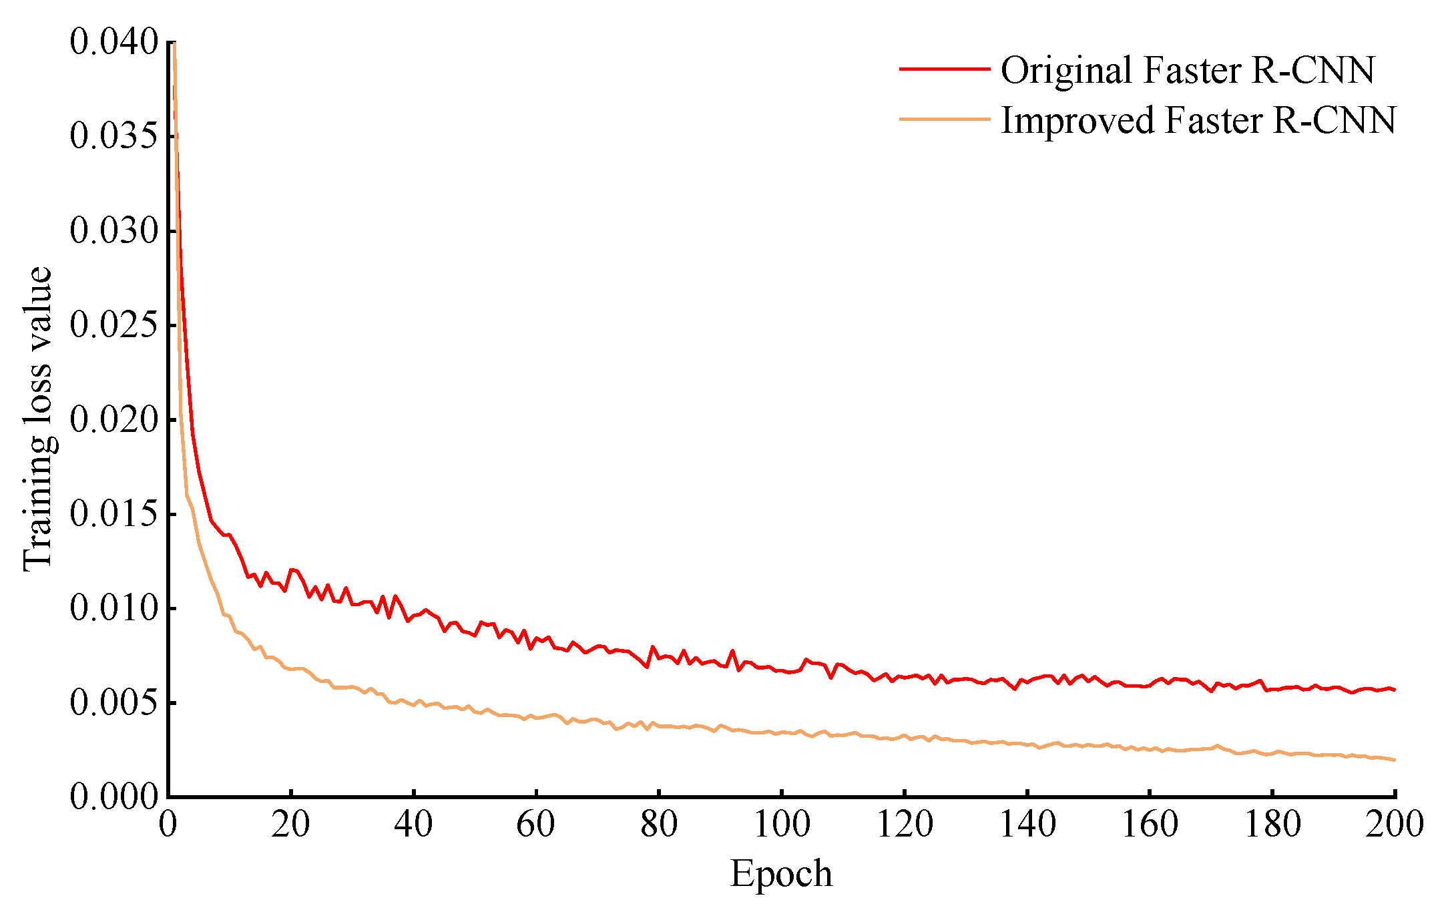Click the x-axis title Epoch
(781, 873)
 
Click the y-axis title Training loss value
(37, 419)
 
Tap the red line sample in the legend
(944, 69)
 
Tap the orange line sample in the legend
(944, 120)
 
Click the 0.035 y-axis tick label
(113, 136)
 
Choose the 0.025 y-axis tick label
(113, 325)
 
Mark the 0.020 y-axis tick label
(113, 419)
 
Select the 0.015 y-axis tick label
(113, 514)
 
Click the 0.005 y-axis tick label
(113, 703)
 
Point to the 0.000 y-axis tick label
(113, 797)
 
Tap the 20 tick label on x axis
(290, 825)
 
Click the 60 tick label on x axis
(536, 825)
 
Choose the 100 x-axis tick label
(781, 825)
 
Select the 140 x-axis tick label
(1027, 825)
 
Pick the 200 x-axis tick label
(1395, 825)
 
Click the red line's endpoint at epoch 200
(1395, 690)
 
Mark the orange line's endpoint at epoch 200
(1395, 760)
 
